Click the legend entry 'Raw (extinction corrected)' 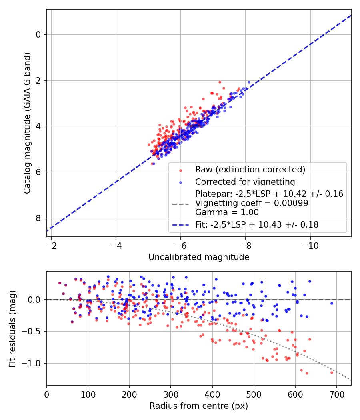[x=250, y=170]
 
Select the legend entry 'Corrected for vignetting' [x=245, y=182]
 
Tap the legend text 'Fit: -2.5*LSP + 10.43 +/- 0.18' [x=257, y=225]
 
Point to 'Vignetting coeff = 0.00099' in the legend [x=252, y=203]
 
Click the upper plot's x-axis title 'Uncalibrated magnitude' [x=199, y=257]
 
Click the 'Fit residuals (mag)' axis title [x=12, y=329]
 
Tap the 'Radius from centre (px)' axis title [x=199, y=406]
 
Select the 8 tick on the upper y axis [x=39, y=218]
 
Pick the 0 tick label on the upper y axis [x=39, y=34]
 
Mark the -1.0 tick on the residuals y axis [x=34, y=363]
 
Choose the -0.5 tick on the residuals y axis [x=34, y=331]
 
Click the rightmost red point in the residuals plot [x=332, y=372]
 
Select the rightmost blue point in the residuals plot [x=332, y=303]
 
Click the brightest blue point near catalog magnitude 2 [x=249, y=82]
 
